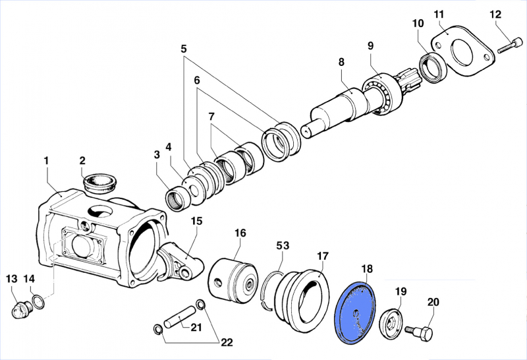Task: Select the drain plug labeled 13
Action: click(22, 309)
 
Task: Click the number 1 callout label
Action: click(46, 160)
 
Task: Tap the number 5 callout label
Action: click(183, 48)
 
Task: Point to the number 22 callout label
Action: click(226, 342)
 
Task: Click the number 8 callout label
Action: click(341, 62)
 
